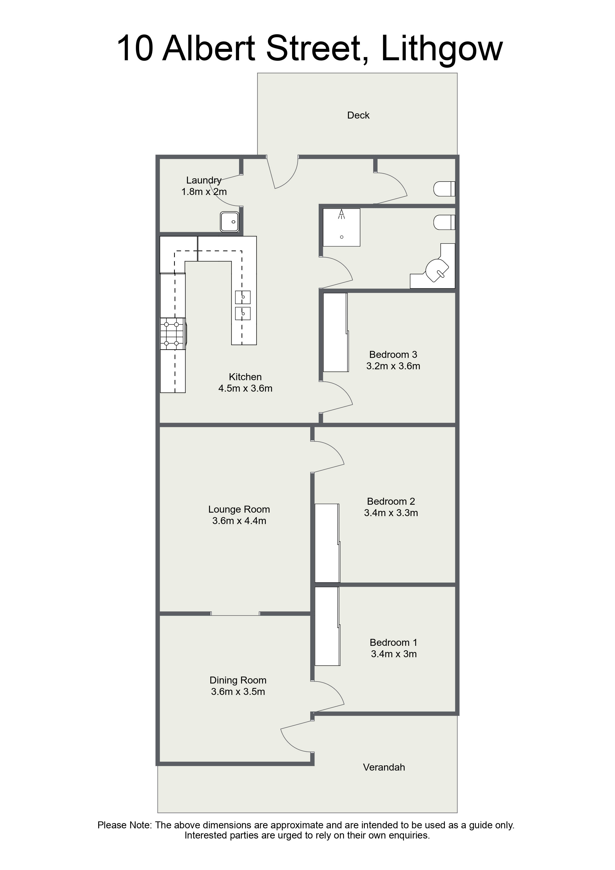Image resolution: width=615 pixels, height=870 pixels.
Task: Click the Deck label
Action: tap(358, 115)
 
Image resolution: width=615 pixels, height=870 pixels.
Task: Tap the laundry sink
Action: tap(230, 221)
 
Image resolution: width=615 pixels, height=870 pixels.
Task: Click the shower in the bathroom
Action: tap(341, 227)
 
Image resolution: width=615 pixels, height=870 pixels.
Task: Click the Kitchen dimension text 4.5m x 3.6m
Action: tap(245, 388)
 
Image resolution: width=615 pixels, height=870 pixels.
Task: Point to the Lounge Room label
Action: tap(239, 509)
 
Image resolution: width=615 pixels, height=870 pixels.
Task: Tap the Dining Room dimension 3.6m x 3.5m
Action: tap(238, 691)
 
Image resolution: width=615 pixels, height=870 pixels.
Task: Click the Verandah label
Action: tap(384, 767)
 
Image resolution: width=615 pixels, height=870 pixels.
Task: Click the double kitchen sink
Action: tap(243, 305)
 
